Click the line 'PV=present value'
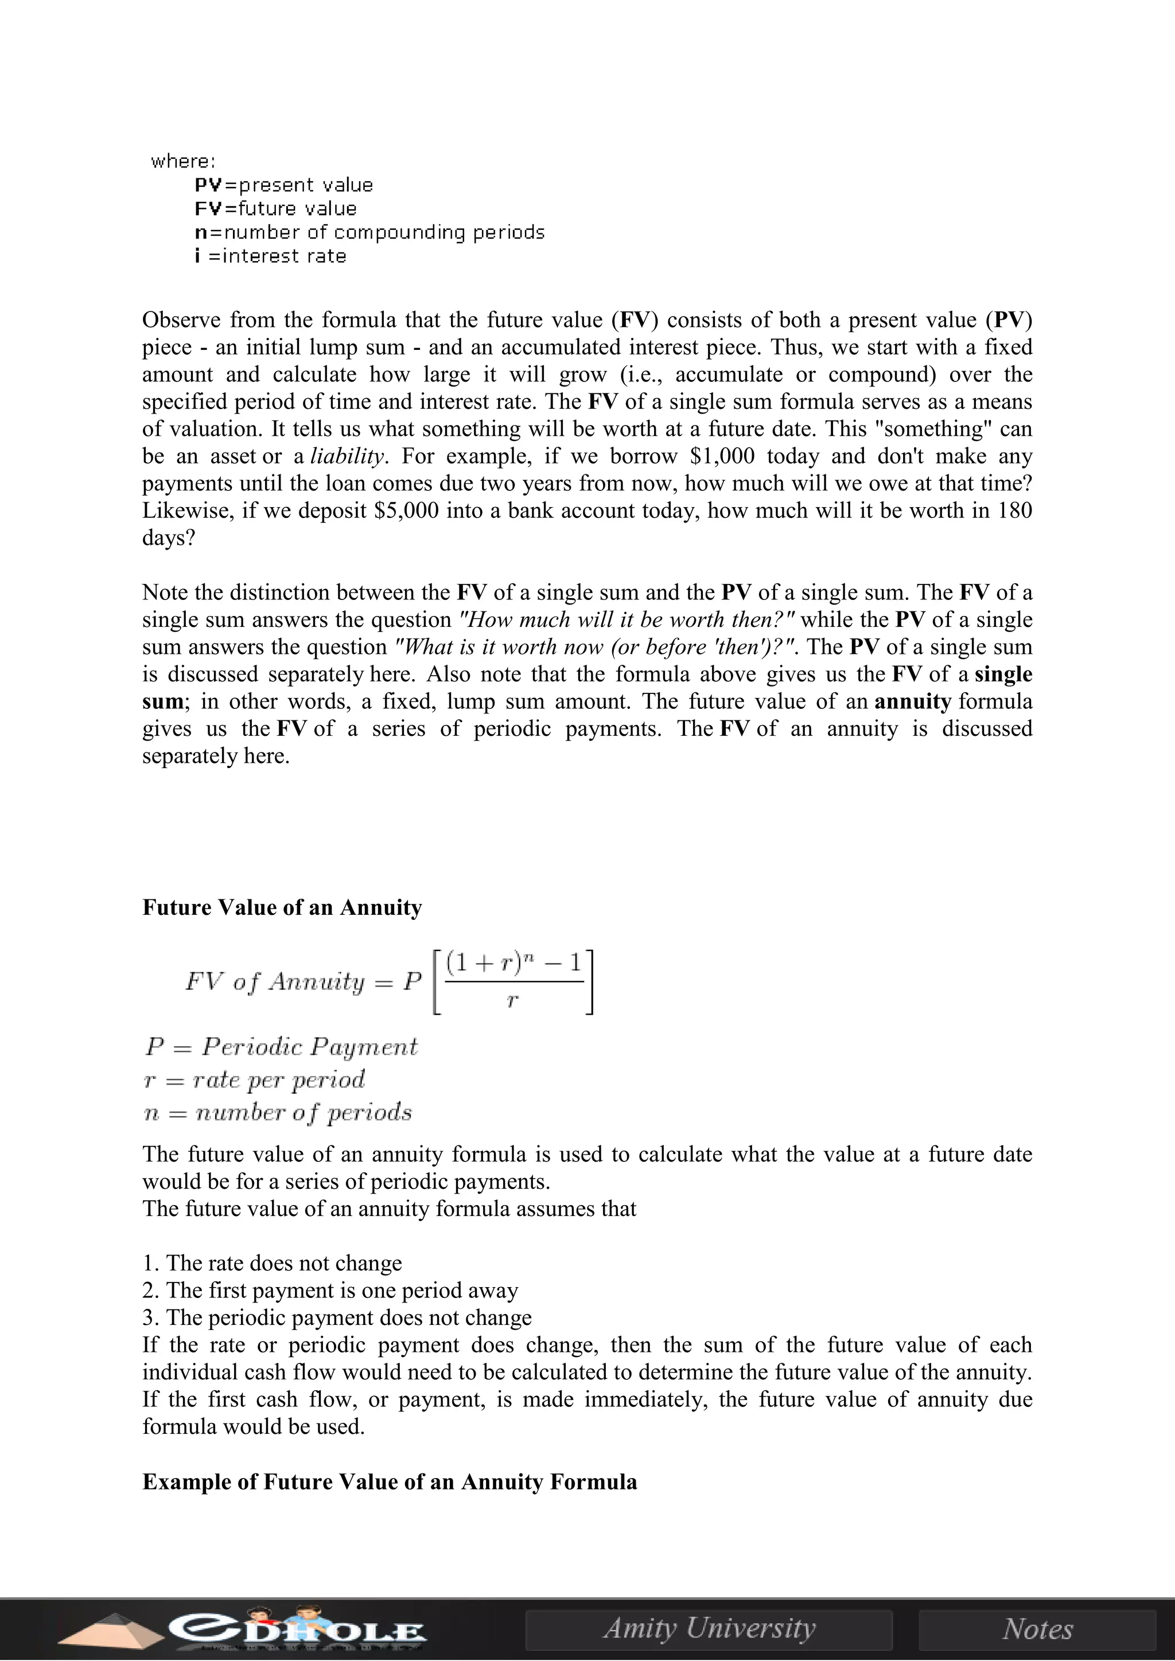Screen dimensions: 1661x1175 283,185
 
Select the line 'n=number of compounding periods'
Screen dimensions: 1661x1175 369,232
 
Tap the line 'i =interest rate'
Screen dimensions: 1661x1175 271,256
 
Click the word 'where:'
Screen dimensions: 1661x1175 183,161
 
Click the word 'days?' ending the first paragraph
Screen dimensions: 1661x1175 169,538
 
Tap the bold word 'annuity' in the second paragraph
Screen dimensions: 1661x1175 912,701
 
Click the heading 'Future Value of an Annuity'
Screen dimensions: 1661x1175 282,908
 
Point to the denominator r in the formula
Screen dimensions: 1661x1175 512,1001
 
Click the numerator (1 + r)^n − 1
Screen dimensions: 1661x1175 513,964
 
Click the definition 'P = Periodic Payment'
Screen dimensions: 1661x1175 281,1047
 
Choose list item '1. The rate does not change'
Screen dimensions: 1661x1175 272,1263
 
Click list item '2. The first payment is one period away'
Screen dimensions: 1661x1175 330,1290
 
